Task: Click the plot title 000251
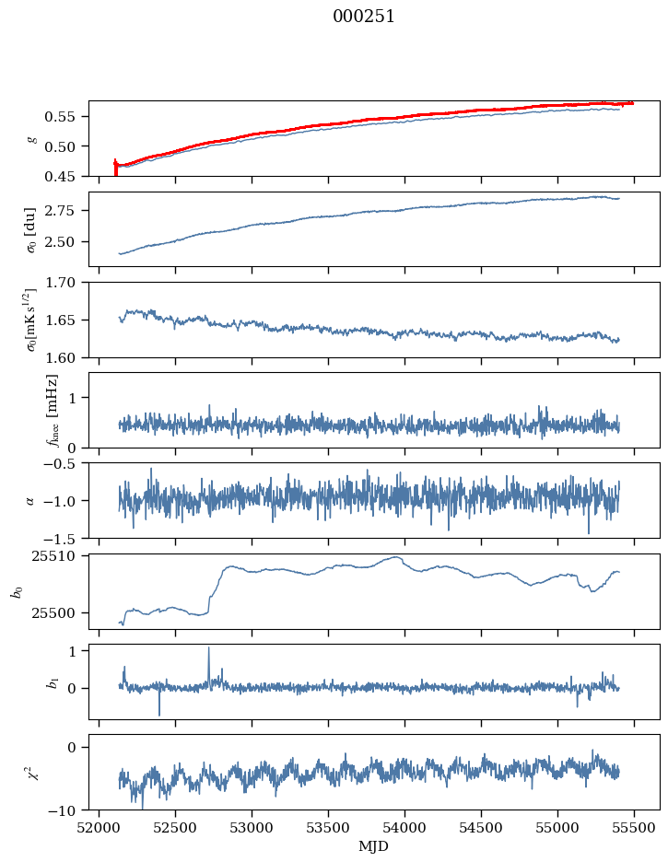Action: pyautogui.click(x=364, y=17)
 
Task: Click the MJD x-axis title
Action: pyautogui.click(x=373, y=846)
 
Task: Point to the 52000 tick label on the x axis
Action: pyautogui.click(x=100, y=828)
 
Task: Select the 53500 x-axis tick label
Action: pyautogui.click(x=329, y=828)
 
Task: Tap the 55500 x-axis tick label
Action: pyautogui.click(x=634, y=828)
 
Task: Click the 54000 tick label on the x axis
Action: pyautogui.click(x=405, y=828)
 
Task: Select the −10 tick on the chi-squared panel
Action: pyautogui.click(x=66, y=810)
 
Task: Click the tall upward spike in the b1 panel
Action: pyautogui.click(x=208, y=649)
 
